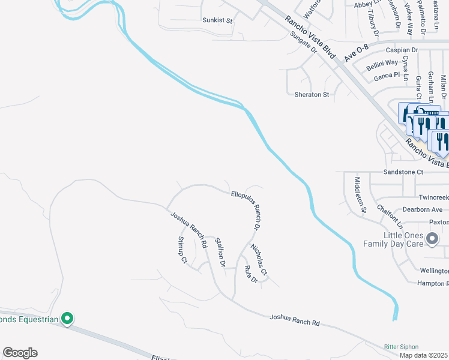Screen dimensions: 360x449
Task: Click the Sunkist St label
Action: (x=217, y=20)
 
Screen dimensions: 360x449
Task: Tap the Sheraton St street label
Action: (x=312, y=95)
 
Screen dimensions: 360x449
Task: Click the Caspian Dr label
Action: (x=402, y=51)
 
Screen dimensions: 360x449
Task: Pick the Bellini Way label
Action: (x=383, y=62)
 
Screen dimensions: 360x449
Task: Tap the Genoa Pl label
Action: (x=387, y=76)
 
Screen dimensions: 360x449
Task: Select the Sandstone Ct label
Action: (x=403, y=172)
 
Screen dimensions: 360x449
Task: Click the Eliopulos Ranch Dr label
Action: (x=246, y=210)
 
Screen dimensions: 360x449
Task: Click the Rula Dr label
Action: (x=251, y=275)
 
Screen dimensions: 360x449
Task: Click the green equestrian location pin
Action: (x=68, y=319)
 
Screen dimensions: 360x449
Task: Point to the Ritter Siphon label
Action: (x=401, y=347)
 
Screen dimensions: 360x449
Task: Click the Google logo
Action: (x=20, y=353)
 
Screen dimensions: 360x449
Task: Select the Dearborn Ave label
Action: (x=422, y=210)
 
